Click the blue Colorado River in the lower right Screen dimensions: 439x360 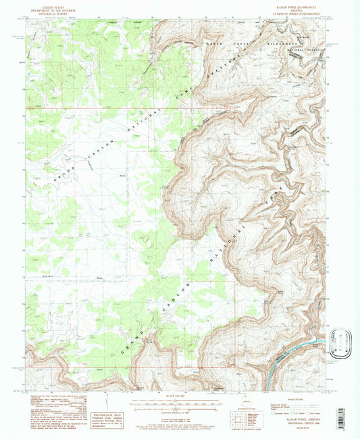coord(284,361)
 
